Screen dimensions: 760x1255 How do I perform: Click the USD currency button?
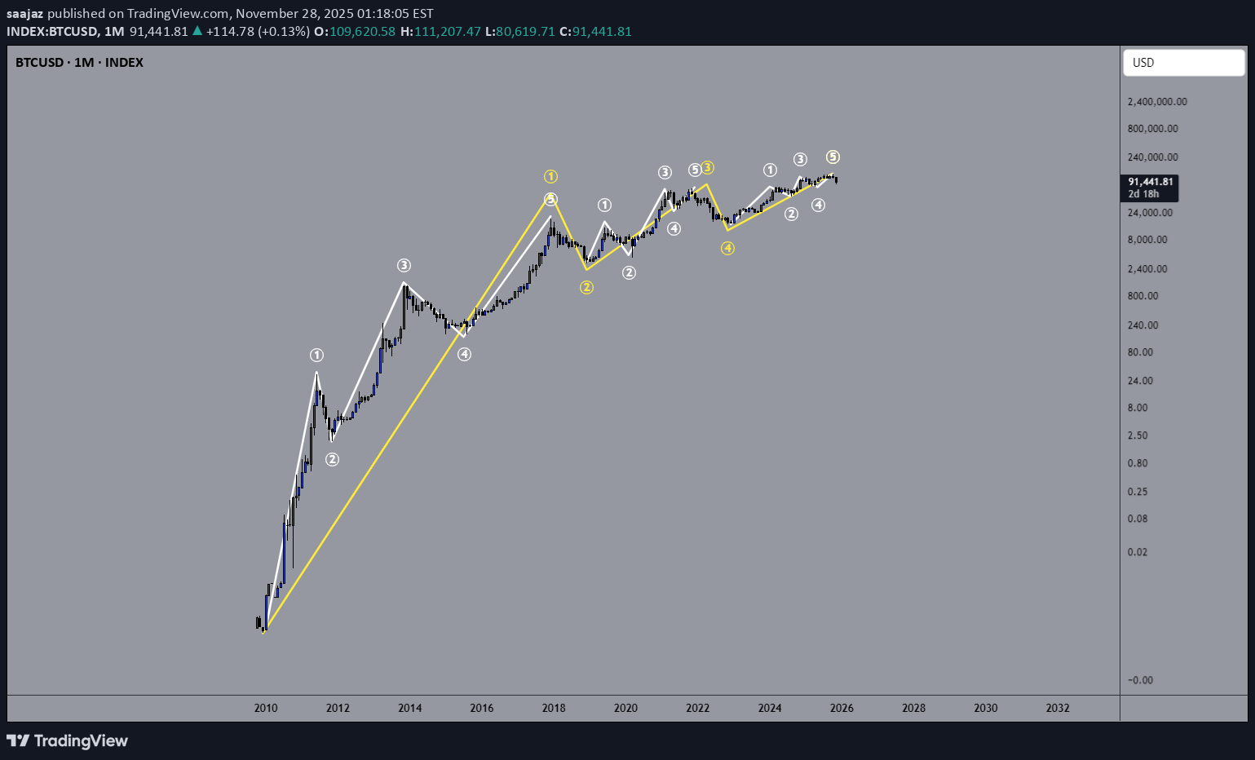pyautogui.click(x=1183, y=63)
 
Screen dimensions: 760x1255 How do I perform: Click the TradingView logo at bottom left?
pyautogui.click(x=67, y=740)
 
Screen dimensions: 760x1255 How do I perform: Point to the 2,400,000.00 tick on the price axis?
pyautogui.click(x=1156, y=102)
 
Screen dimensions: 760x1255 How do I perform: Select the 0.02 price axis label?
pyautogui.click(x=1137, y=552)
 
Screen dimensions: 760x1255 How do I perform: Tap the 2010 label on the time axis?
pyautogui.click(x=266, y=708)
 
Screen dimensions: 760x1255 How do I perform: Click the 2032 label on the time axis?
pyautogui.click(x=1058, y=708)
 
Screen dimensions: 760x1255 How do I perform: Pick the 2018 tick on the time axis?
pyautogui.click(x=554, y=708)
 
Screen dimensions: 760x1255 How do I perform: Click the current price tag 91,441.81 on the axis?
pyautogui.click(x=1150, y=182)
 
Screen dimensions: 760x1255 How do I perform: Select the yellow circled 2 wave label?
pyautogui.click(x=586, y=287)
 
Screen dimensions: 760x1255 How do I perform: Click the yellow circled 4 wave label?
pyautogui.click(x=727, y=248)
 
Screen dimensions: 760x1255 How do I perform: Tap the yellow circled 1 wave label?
pyautogui.click(x=551, y=176)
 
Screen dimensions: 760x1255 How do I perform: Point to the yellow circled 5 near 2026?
pyautogui.click(x=833, y=157)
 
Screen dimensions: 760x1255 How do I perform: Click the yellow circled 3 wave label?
pyautogui.click(x=708, y=167)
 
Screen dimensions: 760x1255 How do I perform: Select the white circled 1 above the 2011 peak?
pyautogui.click(x=316, y=355)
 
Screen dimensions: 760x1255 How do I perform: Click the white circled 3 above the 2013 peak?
pyautogui.click(x=404, y=265)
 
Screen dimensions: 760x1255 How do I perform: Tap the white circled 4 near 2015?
pyautogui.click(x=464, y=354)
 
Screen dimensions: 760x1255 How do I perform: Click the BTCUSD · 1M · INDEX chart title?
pyautogui.click(x=79, y=63)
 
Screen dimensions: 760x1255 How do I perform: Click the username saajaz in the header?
pyautogui.click(x=25, y=13)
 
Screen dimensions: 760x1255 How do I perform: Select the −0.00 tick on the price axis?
pyautogui.click(x=1139, y=680)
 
